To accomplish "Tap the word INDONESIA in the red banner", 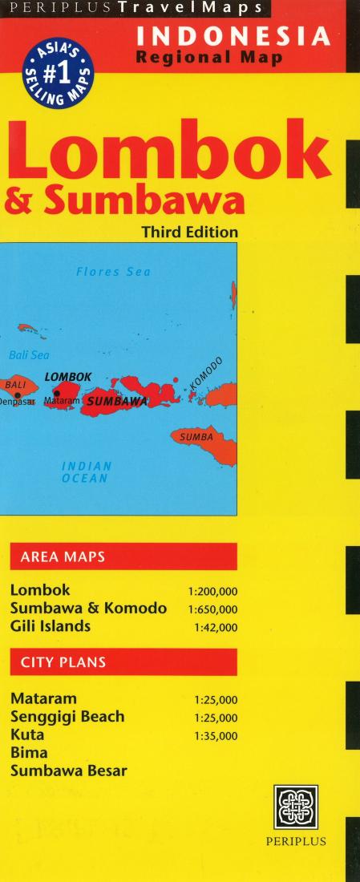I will pyautogui.click(x=233, y=37).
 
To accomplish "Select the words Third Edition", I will pyautogui.click(x=189, y=232).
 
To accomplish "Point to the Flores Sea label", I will pyautogui.click(x=113, y=272).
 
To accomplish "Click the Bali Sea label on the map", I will pyautogui.click(x=25, y=354).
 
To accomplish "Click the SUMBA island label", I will pyautogui.click(x=196, y=437).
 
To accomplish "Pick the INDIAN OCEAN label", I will pyautogui.click(x=87, y=471).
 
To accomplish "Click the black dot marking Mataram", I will pyautogui.click(x=56, y=393).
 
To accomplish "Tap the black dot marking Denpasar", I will pyautogui.click(x=17, y=395).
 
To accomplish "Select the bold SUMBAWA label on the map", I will pyautogui.click(x=117, y=400).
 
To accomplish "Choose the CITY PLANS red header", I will pyautogui.click(x=63, y=663).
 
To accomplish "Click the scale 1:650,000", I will pyautogui.click(x=212, y=609).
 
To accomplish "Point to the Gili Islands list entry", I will pyautogui.click(x=51, y=626).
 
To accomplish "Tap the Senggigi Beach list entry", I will pyautogui.click(x=67, y=717).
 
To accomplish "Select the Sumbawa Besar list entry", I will pyautogui.click(x=69, y=771).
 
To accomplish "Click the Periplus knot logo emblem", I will pyautogui.click(x=295, y=807).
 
